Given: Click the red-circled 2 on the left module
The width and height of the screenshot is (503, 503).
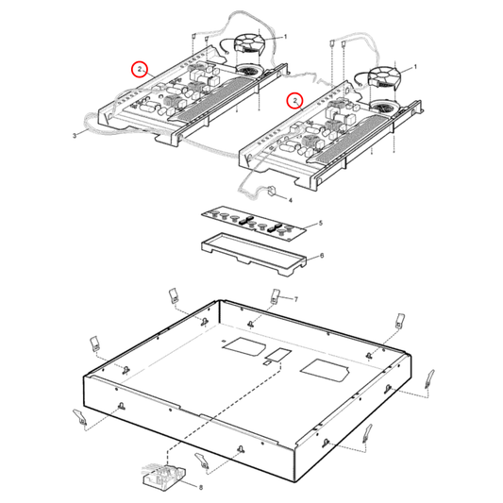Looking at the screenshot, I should click(x=139, y=69).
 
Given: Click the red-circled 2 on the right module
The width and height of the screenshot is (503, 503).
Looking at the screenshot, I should click(x=295, y=99).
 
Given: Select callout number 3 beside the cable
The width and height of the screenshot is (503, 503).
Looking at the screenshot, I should click(x=74, y=136).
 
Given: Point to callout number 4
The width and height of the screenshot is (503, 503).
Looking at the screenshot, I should click(x=289, y=200).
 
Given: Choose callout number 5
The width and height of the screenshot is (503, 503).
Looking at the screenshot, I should click(x=320, y=223).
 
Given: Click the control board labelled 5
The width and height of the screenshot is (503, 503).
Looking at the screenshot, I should click(x=254, y=224).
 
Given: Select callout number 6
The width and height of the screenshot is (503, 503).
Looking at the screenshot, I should click(x=320, y=255).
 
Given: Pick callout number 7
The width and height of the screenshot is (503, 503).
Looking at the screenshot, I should click(x=295, y=299).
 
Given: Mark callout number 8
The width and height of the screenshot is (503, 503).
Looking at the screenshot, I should click(x=200, y=486).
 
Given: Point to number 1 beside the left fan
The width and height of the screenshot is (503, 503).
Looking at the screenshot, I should click(x=285, y=36).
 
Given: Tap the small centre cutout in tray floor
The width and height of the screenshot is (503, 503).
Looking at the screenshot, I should click(x=277, y=356).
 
